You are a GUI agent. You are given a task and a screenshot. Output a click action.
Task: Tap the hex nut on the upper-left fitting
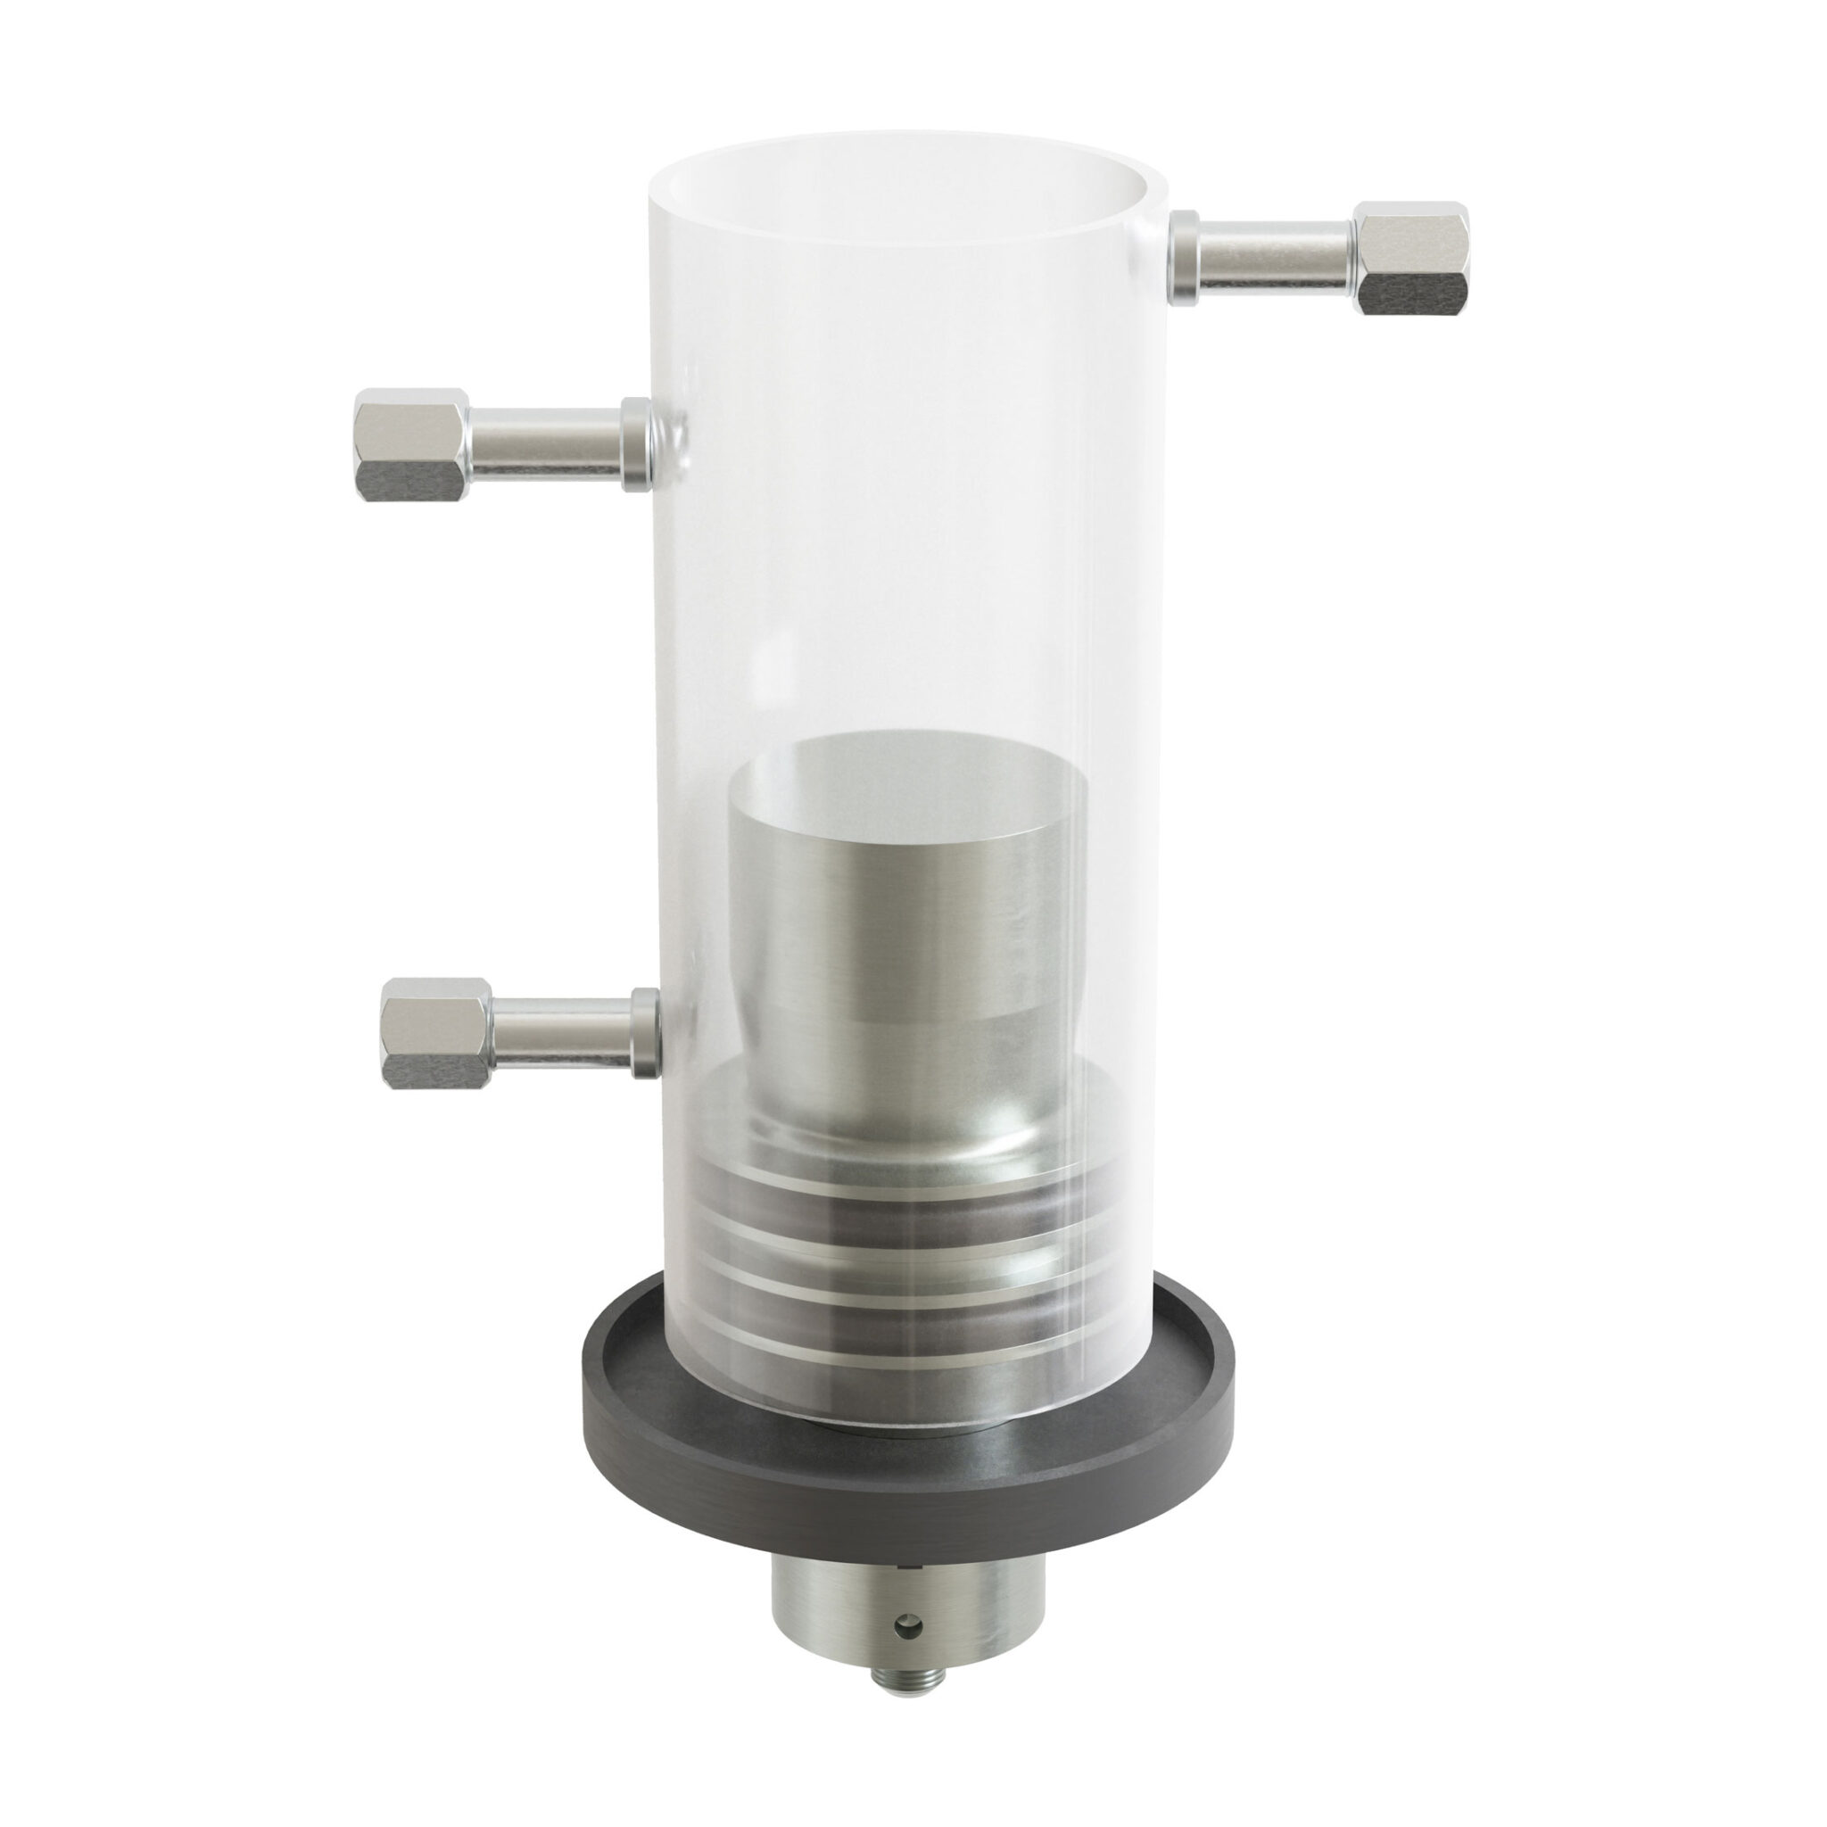coord(412,443)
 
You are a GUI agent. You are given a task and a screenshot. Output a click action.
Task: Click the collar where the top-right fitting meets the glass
coord(1184,258)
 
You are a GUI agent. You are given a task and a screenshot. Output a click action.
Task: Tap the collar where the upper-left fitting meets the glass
coord(635,443)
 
